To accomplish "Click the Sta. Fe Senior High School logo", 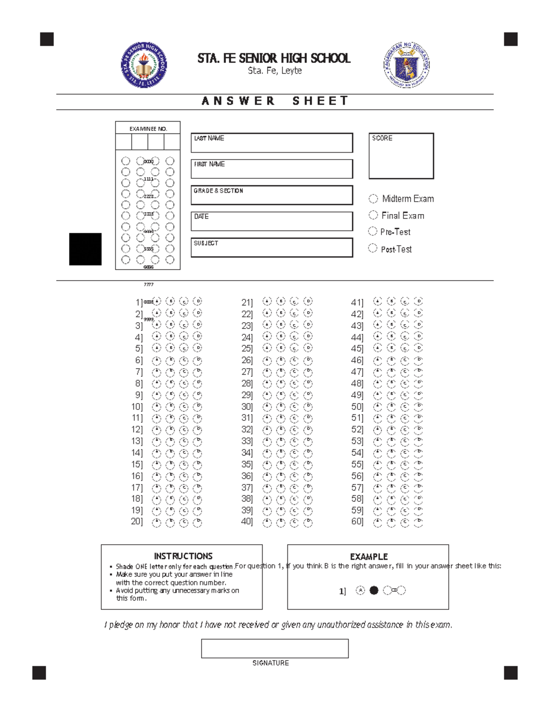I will coord(144,65).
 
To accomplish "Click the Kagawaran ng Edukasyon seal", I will coord(406,65).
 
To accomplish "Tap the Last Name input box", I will coord(272,143).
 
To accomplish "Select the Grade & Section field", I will coord(272,195).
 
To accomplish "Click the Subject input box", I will coord(272,248).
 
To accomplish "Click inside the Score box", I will coord(401,156).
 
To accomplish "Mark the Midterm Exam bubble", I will coord(373,199).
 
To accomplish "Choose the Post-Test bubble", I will coord(373,248).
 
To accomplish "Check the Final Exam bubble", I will coord(373,215).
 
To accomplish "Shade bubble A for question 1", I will coord(157,301).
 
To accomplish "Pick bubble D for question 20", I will coord(198,522).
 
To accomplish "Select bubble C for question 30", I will coord(294,406).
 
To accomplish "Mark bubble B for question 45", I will coord(391,348).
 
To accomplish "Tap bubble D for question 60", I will coord(418,522).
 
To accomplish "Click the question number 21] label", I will coord(247,303).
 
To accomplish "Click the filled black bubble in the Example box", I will coord(374,591).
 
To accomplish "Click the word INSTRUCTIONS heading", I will coord(183,556).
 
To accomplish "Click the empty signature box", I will coord(275,648).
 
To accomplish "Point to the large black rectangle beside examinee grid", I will coord(85,249).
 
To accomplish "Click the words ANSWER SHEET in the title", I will coord(275,101).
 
